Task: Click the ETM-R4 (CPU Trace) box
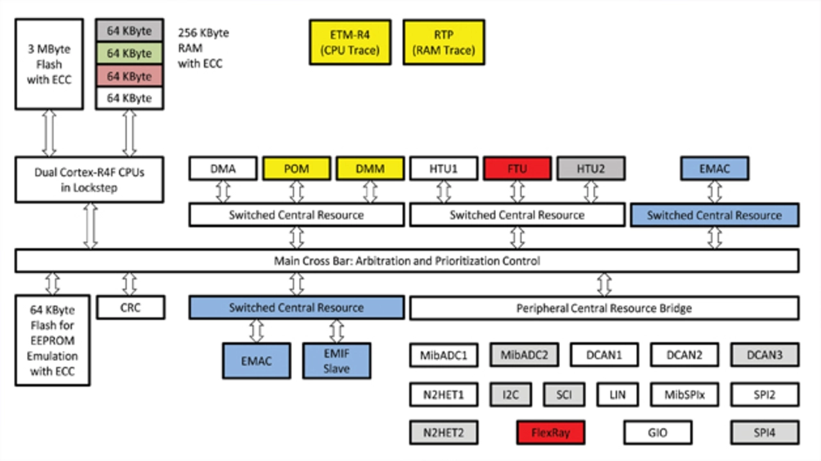[x=350, y=42]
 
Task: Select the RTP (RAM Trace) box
[x=444, y=42]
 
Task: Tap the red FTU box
[x=517, y=169]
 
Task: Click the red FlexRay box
[x=550, y=433]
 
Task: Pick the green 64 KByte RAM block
[x=129, y=53]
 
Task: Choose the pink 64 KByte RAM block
[x=129, y=76]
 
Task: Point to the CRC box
[x=130, y=307]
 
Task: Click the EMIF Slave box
[x=336, y=360]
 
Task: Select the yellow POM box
[x=296, y=169]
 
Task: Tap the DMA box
[x=223, y=169]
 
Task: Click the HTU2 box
[x=591, y=169]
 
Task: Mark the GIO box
[x=658, y=433]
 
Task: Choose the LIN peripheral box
[x=618, y=394]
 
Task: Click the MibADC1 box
[x=444, y=355]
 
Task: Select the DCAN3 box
[x=765, y=355]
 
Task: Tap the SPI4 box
[x=765, y=433]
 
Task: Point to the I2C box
[x=511, y=394]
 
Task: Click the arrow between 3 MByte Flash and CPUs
[x=49, y=133]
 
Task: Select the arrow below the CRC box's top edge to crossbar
[x=130, y=283]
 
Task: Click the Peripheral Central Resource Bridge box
[x=604, y=308]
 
